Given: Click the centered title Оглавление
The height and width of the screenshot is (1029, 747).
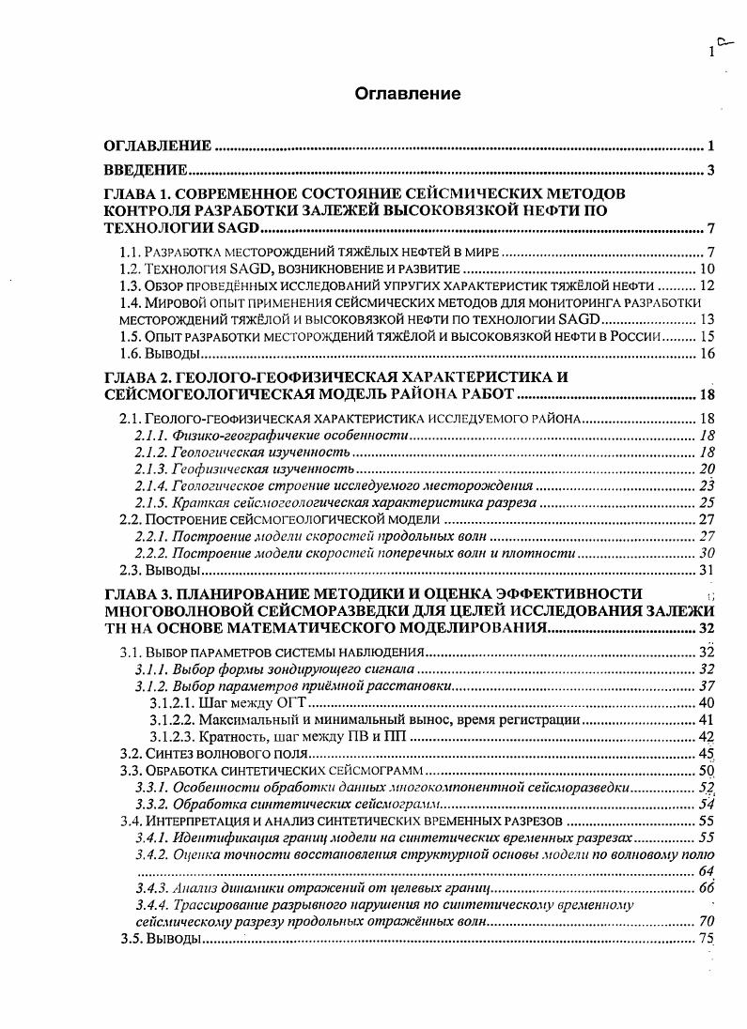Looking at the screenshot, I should tap(408, 94).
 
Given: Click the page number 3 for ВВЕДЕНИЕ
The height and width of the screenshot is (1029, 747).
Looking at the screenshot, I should tap(712, 170).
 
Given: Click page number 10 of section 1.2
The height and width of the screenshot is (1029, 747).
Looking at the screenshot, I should tap(708, 269).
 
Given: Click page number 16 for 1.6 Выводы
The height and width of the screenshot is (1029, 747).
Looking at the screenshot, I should tap(708, 353).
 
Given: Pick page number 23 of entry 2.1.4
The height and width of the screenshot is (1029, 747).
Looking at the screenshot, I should tap(707, 485).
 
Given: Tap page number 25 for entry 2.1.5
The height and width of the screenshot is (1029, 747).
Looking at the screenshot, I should tap(707, 502).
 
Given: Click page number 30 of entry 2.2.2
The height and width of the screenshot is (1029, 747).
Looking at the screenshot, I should tap(707, 553).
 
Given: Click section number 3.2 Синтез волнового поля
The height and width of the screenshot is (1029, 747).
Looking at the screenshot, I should tap(130, 753).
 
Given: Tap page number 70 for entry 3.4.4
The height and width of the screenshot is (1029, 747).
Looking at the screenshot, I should tap(707, 922).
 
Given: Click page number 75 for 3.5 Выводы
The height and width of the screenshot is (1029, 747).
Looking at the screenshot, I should tap(707, 939).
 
